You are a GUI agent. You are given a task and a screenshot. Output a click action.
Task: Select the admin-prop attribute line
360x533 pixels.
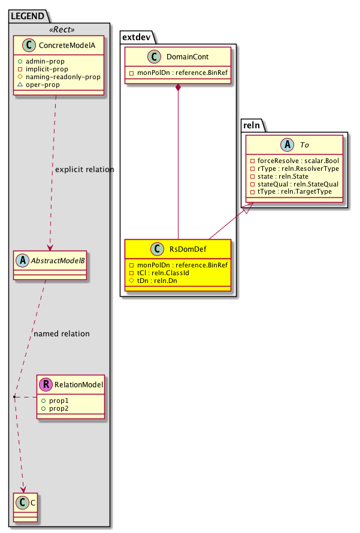(55, 62)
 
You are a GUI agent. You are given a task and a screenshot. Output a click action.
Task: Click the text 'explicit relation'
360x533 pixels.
(84, 170)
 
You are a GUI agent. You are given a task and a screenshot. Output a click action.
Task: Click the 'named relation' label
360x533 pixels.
(62, 333)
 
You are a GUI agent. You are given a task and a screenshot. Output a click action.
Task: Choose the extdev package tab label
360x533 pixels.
(137, 37)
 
